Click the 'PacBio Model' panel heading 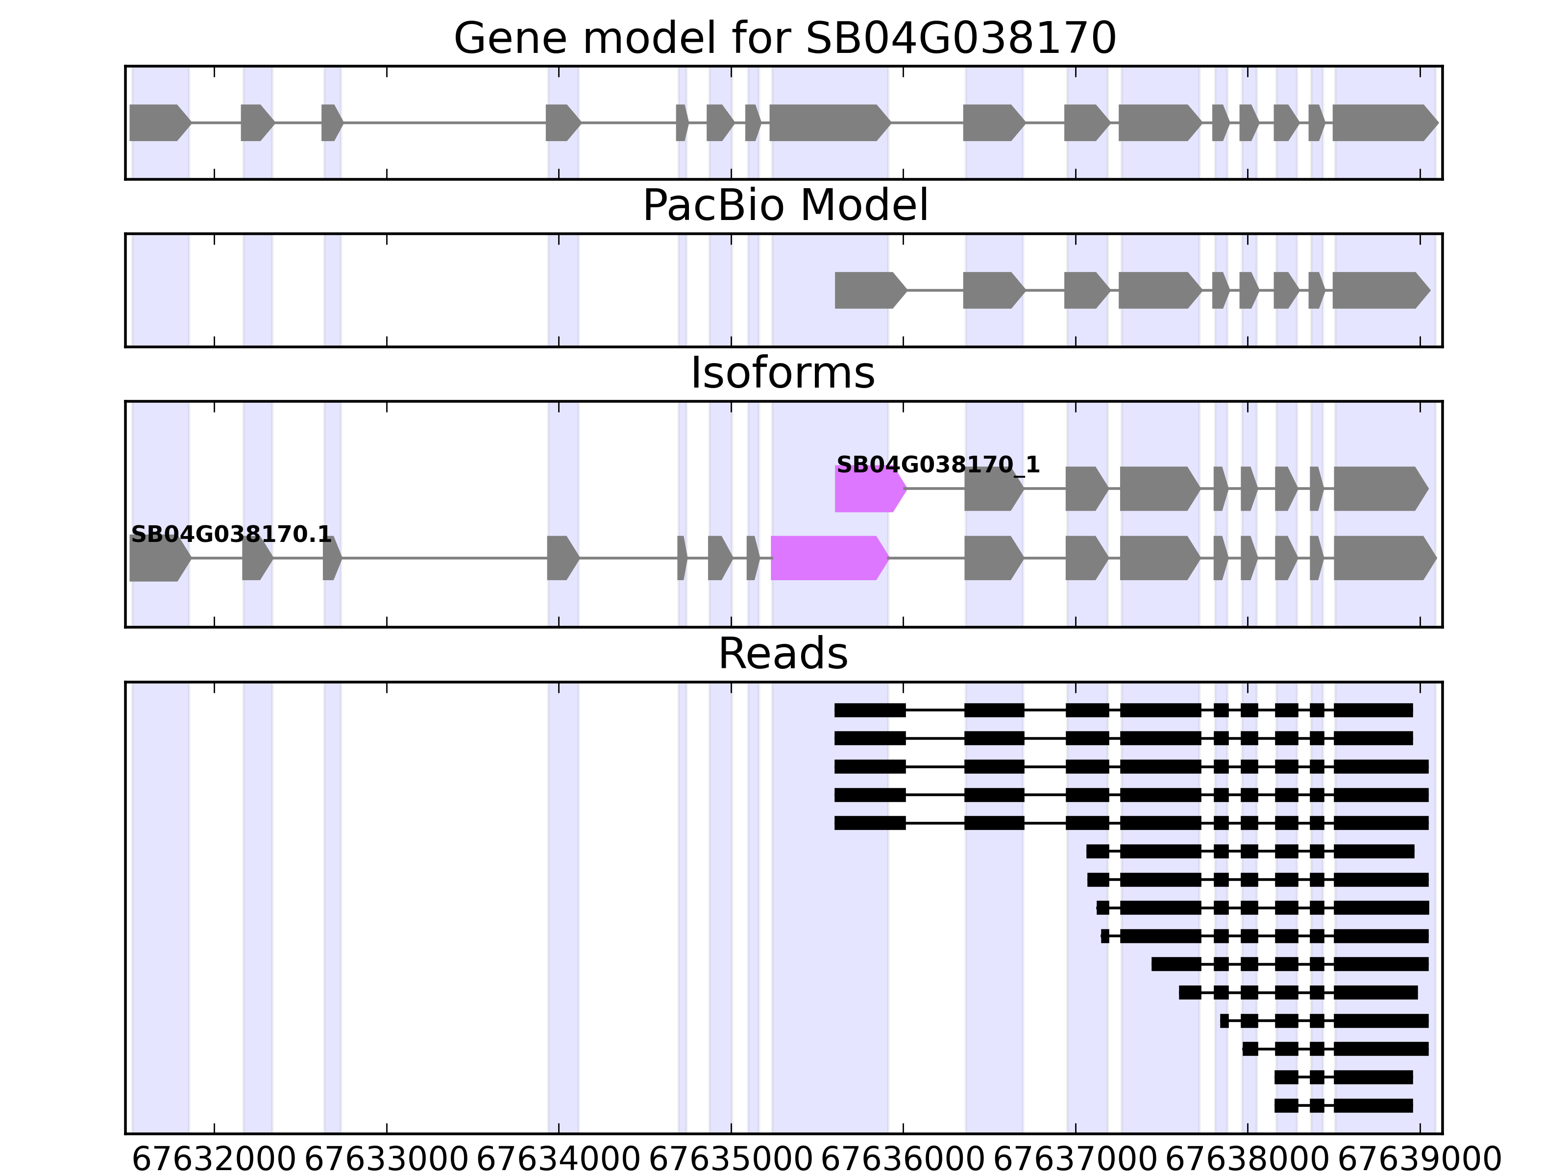[x=784, y=206]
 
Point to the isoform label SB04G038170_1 [x=938, y=465]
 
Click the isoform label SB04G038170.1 [x=231, y=535]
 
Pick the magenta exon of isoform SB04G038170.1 [x=829, y=558]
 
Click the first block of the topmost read [x=870, y=710]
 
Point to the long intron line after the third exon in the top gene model [x=444, y=122]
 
